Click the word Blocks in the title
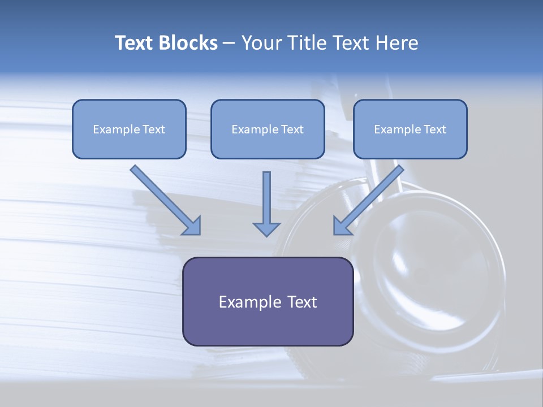pyautogui.click(x=189, y=43)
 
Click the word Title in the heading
pyautogui.click(x=306, y=43)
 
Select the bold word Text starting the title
pyautogui.click(x=136, y=43)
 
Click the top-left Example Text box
pyautogui.click(x=129, y=129)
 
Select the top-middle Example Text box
pyautogui.click(x=268, y=129)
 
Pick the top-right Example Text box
pyautogui.click(x=410, y=129)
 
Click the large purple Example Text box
pyautogui.click(x=268, y=301)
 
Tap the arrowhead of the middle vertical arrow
pyautogui.click(x=266, y=228)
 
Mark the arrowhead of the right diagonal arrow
pyautogui.click(x=342, y=226)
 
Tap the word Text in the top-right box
pyautogui.click(x=434, y=129)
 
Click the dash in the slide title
pyautogui.click(x=229, y=44)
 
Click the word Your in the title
pyautogui.click(x=260, y=43)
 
